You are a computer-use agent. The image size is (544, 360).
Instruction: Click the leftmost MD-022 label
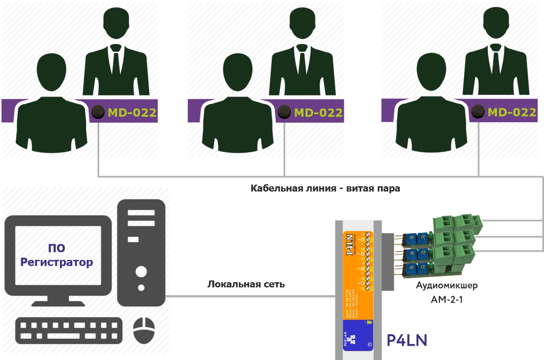(x=132, y=113)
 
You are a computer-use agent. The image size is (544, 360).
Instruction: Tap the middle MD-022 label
(x=319, y=113)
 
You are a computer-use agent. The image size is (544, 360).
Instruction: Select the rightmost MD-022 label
(x=512, y=112)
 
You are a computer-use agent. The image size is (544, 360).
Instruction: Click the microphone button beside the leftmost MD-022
(x=98, y=112)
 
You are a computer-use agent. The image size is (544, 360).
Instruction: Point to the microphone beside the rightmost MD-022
(x=477, y=112)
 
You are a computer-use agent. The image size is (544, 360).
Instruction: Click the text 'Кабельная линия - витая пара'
(x=325, y=189)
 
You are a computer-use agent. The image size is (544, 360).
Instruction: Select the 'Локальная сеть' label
(x=246, y=285)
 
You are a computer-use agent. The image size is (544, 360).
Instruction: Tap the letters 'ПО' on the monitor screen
(x=57, y=249)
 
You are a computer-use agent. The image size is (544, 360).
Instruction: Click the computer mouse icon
(x=144, y=330)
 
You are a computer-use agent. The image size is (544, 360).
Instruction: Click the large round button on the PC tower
(x=141, y=272)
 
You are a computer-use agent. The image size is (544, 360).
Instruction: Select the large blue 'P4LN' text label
(x=406, y=340)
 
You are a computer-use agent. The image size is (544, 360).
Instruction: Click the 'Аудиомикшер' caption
(x=447, y=286)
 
